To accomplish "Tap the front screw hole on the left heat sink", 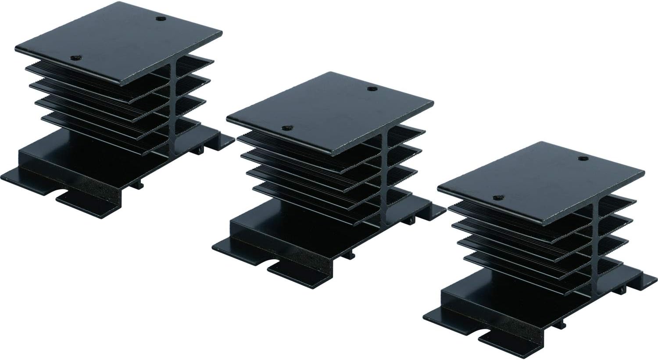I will pos(77,57).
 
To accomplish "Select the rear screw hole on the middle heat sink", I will pos(372,89).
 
